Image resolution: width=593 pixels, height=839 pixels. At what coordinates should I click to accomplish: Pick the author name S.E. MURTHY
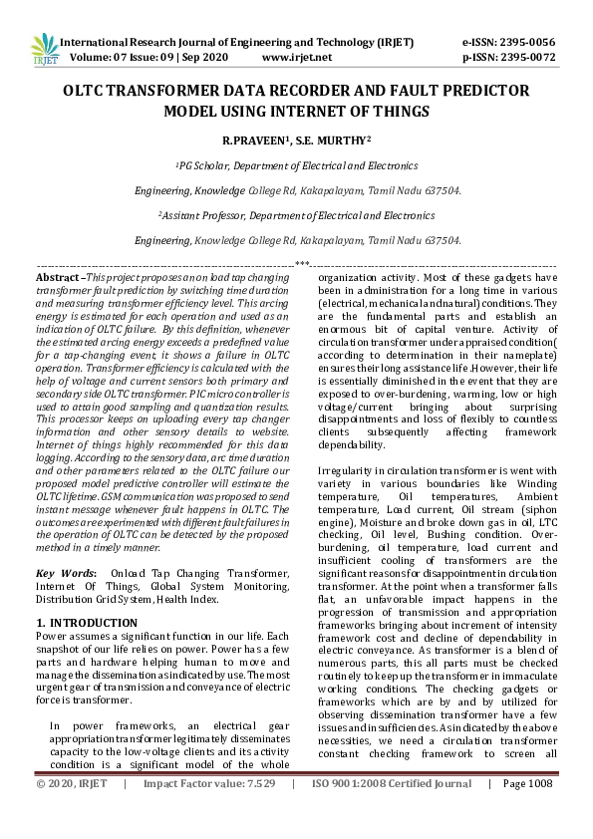point(338,141)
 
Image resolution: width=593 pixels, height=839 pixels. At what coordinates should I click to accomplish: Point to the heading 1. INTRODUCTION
point(87,623)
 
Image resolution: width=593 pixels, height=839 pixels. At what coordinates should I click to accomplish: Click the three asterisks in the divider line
point(303,264)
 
